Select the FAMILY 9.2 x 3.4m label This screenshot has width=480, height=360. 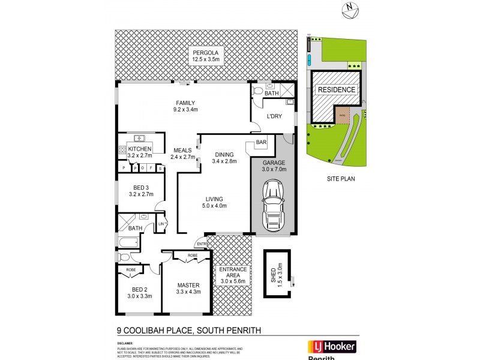[x=185, y=106]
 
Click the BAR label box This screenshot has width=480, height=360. [x=261, y=142]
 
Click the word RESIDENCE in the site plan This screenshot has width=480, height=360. [x=336, y=90]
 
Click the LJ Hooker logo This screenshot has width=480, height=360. [x=332, y=347]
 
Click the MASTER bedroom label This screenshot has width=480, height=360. [x=189, y=289]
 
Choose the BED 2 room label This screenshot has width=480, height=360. [x=136, y=292]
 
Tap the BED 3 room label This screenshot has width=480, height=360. [x=140, y=191]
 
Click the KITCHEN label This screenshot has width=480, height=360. [x=139, y=152]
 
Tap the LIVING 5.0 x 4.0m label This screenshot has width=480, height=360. [x=214, y=202]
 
